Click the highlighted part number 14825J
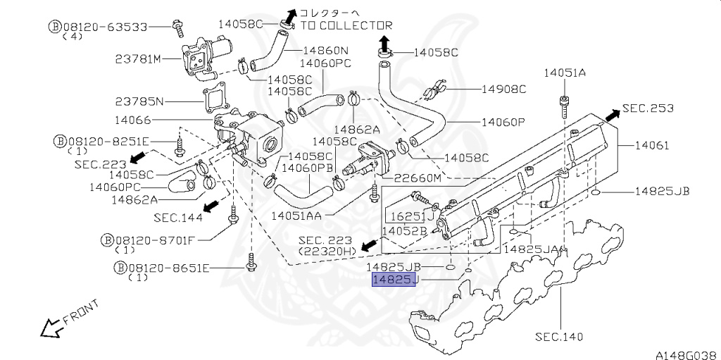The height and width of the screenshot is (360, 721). coord(394,280)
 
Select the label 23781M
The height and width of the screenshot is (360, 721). coord(139,59)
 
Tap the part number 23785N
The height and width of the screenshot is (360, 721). coord(139,101)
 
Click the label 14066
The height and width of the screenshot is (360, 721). coord(132,120)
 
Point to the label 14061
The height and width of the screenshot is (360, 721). coord(652,145)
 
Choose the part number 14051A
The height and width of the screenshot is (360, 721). coord(565,73)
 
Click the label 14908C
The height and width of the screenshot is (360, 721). coord(504,89)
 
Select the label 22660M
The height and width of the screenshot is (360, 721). coord(411,178)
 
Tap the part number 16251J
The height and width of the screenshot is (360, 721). coord(413,216)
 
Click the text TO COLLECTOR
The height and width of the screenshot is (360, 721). coord(346,25)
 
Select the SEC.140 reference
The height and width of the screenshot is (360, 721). coord(559,337)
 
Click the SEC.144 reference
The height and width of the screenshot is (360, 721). coord(178,217)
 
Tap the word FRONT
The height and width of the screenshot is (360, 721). coord(81,312)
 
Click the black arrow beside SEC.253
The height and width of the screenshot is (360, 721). coord(612,116)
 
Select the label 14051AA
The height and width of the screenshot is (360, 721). coord(296,216)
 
